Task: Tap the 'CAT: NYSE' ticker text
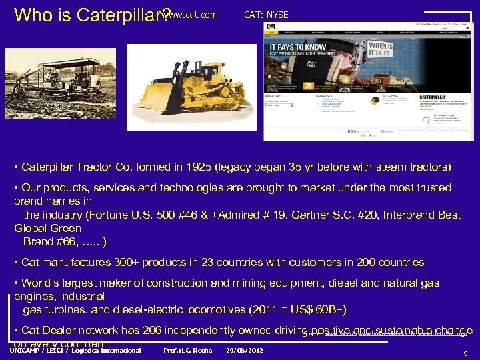[267, 14]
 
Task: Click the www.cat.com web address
[193, 14]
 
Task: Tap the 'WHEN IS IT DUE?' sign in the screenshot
[381, 51]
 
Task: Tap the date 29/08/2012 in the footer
[244, 350]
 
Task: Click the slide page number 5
[465, 353]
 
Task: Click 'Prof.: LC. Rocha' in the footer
[187, 350]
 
